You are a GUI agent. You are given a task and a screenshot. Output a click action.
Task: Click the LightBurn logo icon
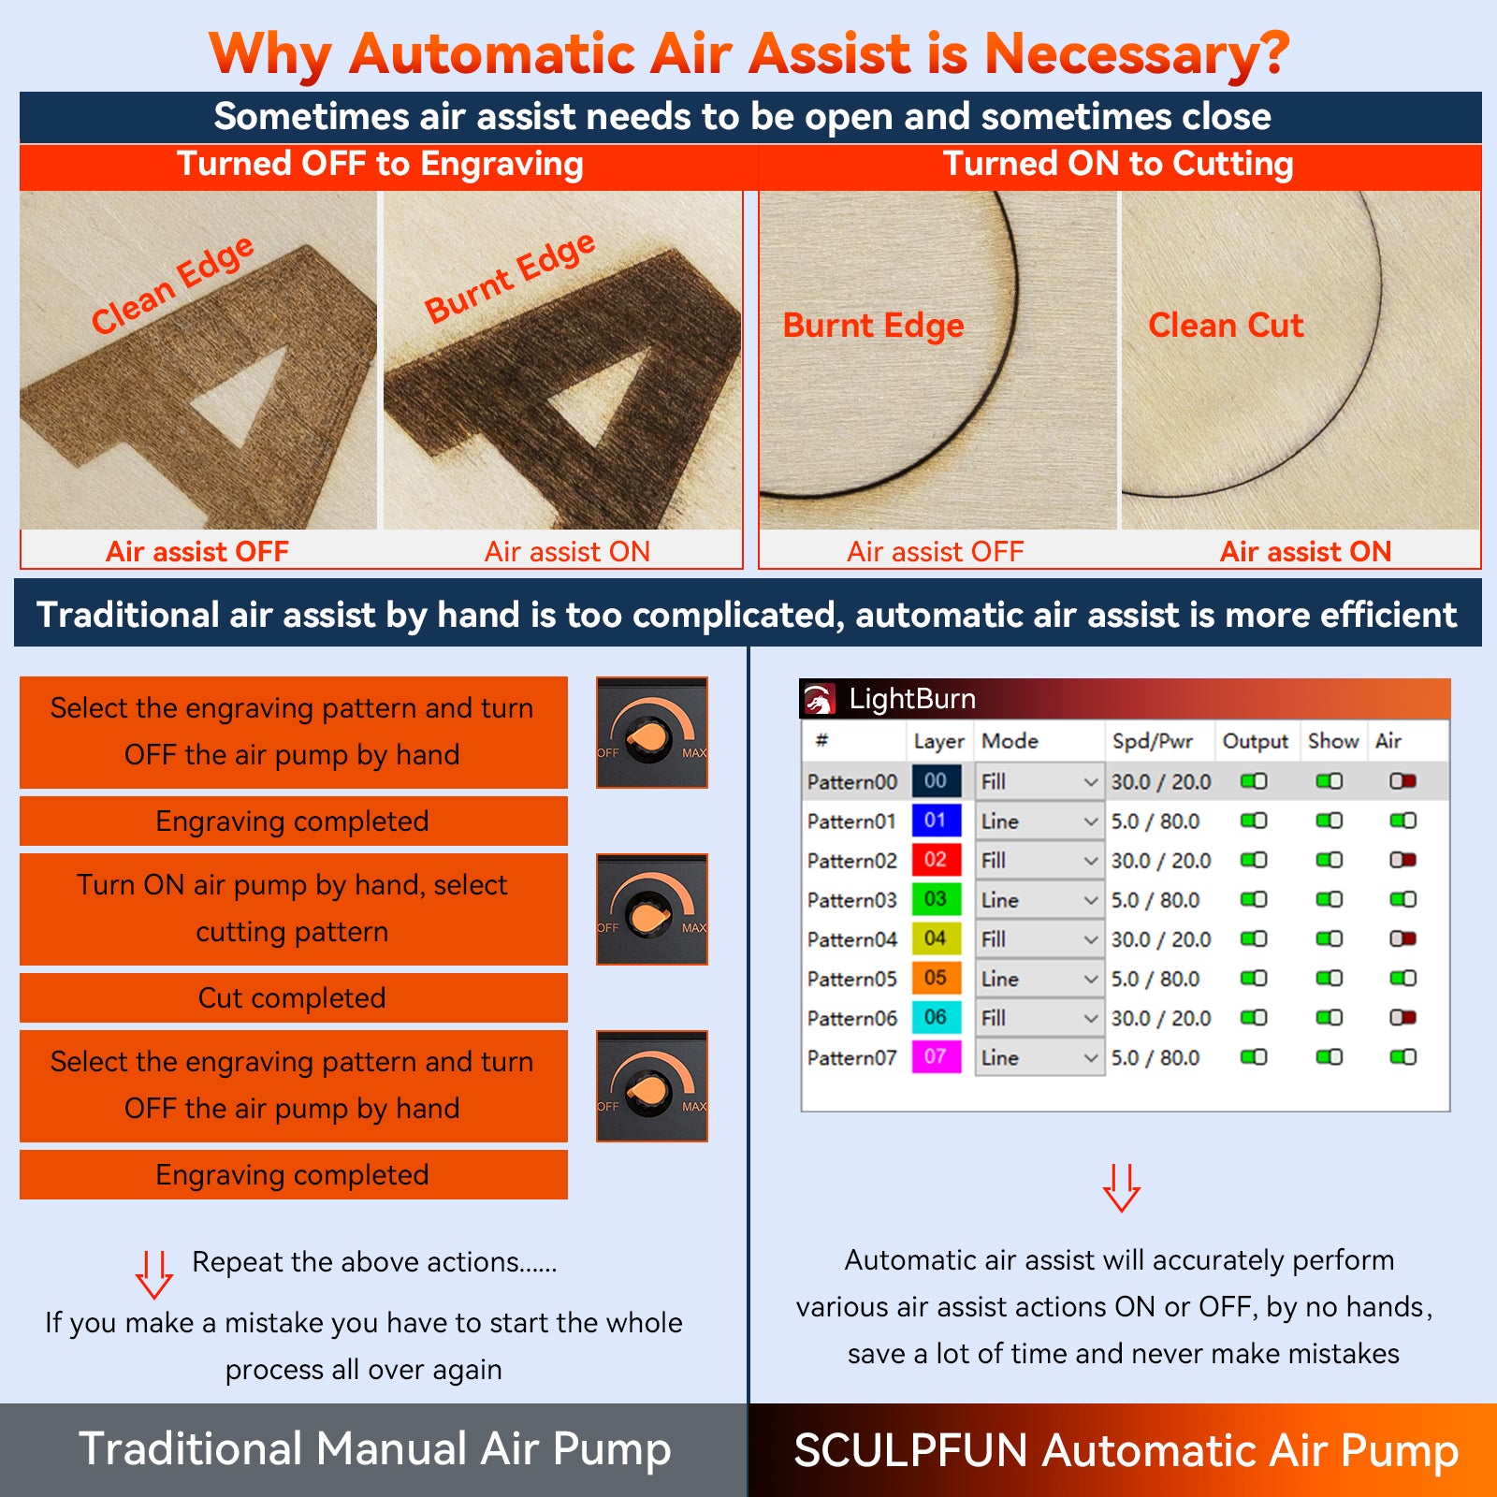click(819, 699)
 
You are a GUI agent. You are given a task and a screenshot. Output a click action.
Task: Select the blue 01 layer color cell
click(936, 821)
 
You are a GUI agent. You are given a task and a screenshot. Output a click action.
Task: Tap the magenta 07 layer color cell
click(936, 1057)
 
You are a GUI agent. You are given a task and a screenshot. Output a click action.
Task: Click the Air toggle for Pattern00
click(1403, 781)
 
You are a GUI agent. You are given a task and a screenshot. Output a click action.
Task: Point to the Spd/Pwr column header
click(1153, 741)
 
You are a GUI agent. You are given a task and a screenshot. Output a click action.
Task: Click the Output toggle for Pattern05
click(1254, 979)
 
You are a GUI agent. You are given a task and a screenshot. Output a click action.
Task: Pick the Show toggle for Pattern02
click(1329, 860)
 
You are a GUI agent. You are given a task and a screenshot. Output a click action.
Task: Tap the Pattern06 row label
click(852, 1018)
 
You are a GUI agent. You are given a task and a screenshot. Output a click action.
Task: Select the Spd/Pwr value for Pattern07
click(1155, 1057)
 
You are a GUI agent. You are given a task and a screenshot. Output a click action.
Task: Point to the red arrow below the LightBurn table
click(1121, 1187)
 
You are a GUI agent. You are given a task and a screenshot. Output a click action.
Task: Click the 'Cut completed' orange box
click(293, 998)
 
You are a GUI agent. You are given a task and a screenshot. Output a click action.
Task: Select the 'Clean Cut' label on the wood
click(1226, 326)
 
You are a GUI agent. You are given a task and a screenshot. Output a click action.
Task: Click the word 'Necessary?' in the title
click(1137, 53)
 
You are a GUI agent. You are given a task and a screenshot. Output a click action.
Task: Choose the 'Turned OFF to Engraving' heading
click(380, 165)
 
